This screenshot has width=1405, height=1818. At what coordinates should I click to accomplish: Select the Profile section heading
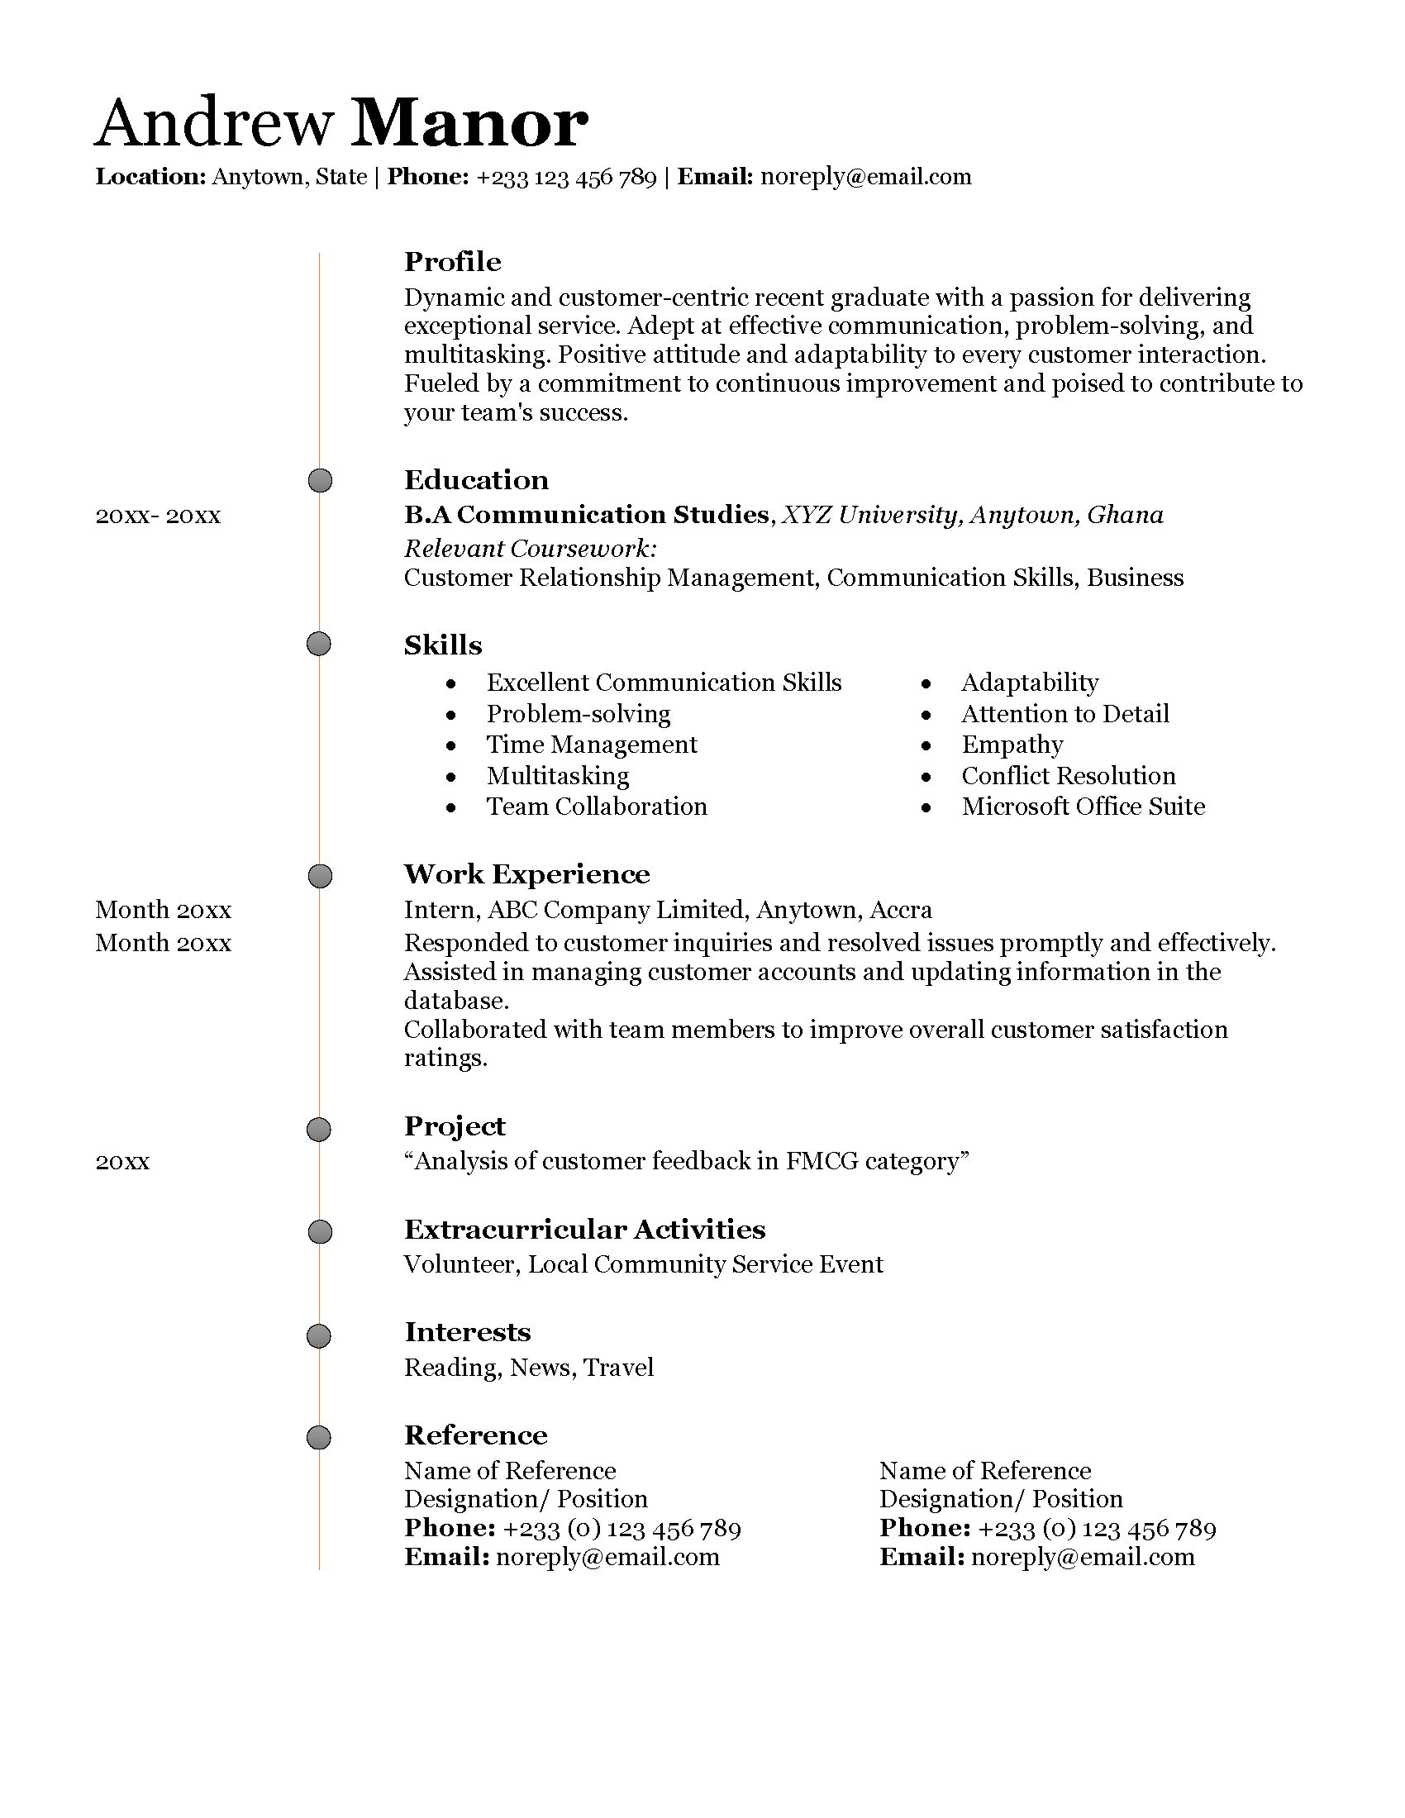click(452, 262)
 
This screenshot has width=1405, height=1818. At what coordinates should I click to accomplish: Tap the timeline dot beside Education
click(320, 480)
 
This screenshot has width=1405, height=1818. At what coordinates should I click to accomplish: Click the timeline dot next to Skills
click(319, 645)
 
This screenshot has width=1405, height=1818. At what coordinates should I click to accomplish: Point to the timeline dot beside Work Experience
click(320, 876)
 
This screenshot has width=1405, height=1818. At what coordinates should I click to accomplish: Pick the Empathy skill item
click(1012, 745)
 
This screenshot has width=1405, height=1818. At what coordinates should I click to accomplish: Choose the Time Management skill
click(591, 745)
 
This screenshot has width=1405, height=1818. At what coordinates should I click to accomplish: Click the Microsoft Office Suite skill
click(1083, 807)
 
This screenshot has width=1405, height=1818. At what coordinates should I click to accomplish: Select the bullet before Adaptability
click(926, 684)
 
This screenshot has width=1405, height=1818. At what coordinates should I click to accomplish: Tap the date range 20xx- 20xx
click(158, 516)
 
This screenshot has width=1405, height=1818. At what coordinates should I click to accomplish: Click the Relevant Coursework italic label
click(531, 549)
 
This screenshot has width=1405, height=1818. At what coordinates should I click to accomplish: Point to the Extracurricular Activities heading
click(584, 1230)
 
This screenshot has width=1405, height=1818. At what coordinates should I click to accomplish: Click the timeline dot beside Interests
click(319, 1336)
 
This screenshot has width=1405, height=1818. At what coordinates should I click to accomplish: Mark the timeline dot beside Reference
click(319, 1438)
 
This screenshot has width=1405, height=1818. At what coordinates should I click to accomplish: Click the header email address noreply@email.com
click(865, 177)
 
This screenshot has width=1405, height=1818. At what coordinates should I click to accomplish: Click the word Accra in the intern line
click(901, 910)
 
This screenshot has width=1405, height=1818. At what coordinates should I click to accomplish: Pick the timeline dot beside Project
click(319, 1130)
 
